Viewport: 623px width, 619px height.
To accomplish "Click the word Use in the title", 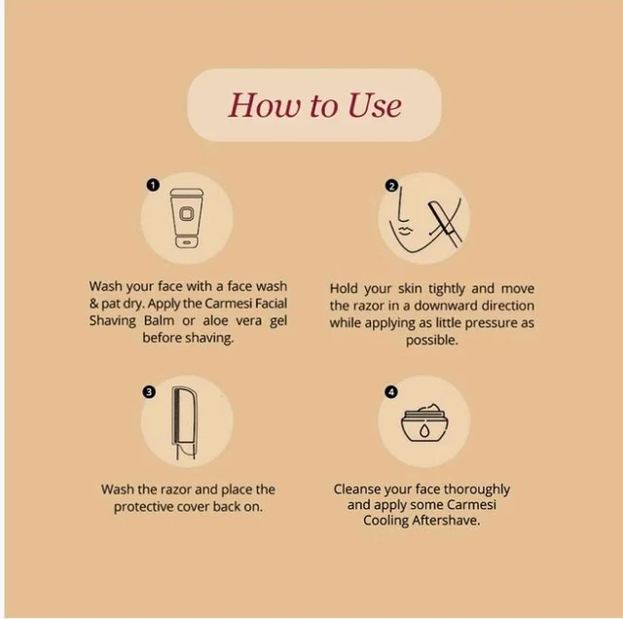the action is pos(375,106).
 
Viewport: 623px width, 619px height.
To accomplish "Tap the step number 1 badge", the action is pos(153,185).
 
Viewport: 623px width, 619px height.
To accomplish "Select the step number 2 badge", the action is pos(391,186).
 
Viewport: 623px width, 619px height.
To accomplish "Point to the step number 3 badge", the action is pos(149,392).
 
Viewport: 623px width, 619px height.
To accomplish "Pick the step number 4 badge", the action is pos(391,392).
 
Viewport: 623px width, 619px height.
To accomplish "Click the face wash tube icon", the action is pos(186,219).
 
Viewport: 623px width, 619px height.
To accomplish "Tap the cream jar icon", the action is pos(424,423).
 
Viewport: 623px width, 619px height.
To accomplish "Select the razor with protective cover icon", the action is pos(184,422).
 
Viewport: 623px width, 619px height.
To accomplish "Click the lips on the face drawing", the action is pos(403,231).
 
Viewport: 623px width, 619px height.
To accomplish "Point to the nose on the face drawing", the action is pos(403,205).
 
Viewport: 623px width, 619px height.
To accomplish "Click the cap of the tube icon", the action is pos(186,241).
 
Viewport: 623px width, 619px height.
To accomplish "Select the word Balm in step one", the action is pos(159,320).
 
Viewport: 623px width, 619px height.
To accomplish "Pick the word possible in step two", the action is pos(432,341).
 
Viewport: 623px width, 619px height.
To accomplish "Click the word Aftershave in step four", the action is pos(446,521).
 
